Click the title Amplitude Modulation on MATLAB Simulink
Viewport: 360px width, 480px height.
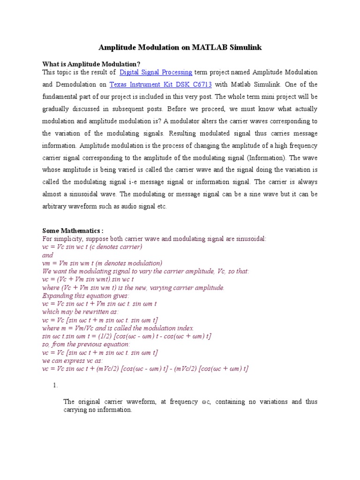pos(180,48)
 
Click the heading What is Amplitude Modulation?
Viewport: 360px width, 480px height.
pos(91,64)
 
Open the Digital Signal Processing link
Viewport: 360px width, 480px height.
pos(156,72)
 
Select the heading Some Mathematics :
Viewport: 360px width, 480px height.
pos(73,231)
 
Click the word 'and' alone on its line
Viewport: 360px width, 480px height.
pos(48,255)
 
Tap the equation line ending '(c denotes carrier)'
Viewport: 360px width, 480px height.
pos(92,247)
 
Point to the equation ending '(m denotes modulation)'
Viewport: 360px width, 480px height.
pos(102,263)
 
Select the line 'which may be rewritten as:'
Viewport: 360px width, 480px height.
pos(80,312)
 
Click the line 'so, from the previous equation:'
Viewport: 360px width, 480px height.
pos(86,345)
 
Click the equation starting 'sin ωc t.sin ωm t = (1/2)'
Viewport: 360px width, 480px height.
pos(127,337)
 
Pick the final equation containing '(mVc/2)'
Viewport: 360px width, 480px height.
pos(145,369)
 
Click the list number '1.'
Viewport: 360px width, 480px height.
pos(55,385)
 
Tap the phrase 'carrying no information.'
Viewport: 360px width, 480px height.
pos(98,410)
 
